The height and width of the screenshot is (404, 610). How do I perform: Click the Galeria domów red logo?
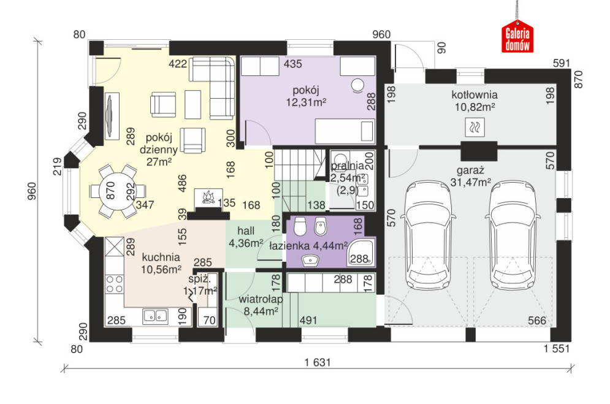tap(517, 37)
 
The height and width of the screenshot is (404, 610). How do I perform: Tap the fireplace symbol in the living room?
tap(208, 197)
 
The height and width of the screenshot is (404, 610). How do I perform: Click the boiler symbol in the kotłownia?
tap(475, 127)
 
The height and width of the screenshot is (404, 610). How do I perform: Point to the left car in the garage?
tap(429, 235)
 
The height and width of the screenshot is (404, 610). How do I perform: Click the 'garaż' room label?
tap(470, 170)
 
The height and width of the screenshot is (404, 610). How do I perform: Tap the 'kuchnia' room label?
tap(161, 257)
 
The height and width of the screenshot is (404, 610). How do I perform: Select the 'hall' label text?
tap(246, 231)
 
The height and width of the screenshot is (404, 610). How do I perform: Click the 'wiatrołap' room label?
tap(261, 299)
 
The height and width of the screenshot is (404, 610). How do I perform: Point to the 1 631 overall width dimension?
tap(318, 362)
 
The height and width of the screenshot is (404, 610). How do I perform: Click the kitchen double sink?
tap(155, 316)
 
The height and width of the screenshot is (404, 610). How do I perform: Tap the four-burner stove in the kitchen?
tap(115, 284)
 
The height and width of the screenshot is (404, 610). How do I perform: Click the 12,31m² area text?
tap(306, 102)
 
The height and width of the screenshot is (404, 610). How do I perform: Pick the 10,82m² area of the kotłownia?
tap(475, 107)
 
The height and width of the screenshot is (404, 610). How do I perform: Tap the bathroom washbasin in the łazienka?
tap(310, 261)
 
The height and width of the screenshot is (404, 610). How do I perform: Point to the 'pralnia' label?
tap(347, 166)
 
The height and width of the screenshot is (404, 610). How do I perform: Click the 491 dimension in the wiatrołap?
tap(308, 321)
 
